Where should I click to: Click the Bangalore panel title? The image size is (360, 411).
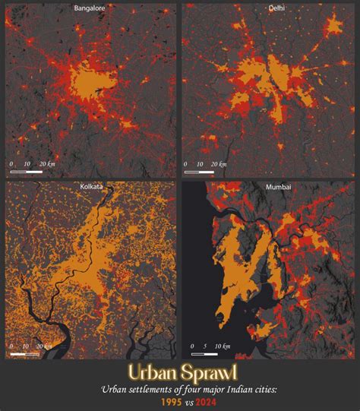click(90, 8)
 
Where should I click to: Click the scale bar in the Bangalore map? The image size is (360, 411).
click(27, 171)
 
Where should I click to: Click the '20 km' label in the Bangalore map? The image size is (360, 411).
click(49, 164)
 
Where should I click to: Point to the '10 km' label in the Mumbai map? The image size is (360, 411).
click(223, 346)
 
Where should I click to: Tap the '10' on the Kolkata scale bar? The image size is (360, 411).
click(27, 346)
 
